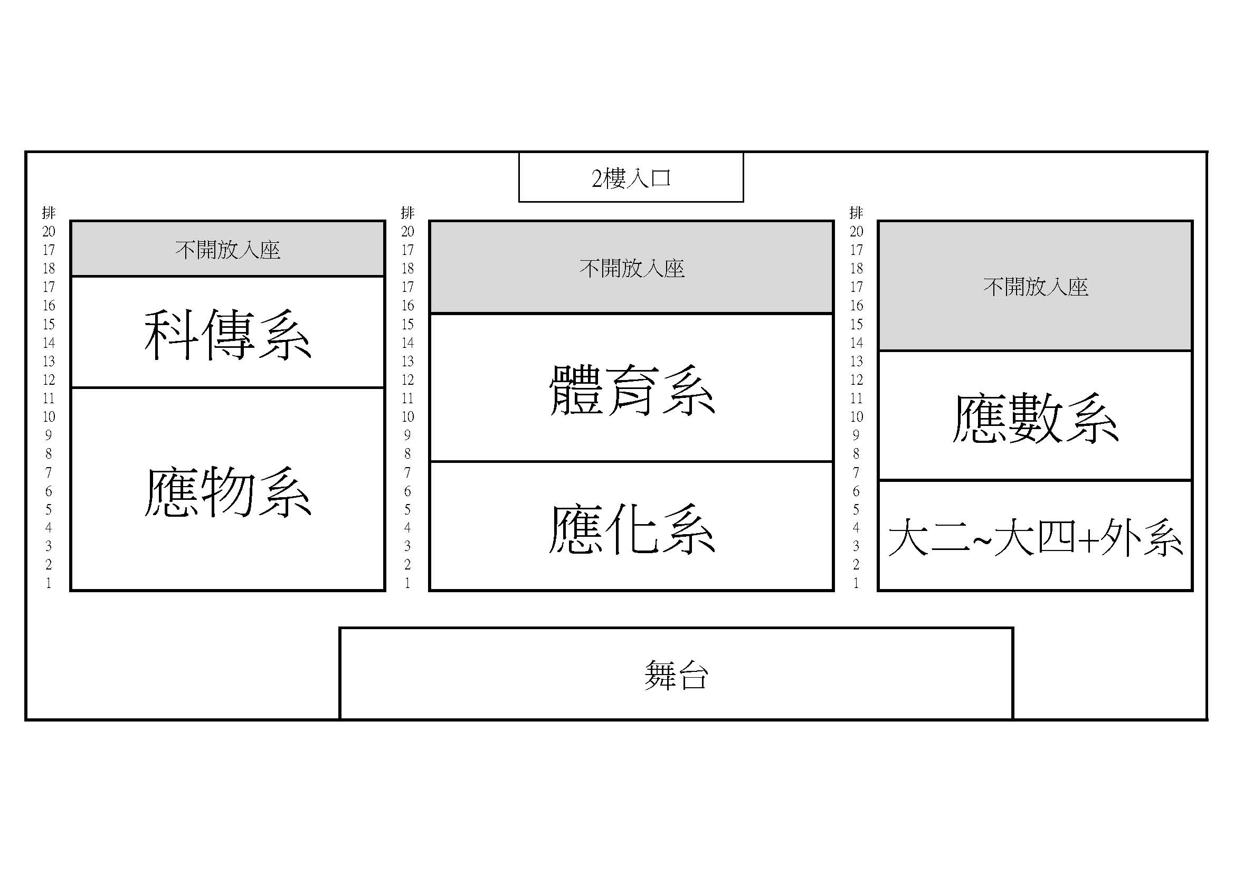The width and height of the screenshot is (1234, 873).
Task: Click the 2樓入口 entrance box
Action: tap(631, 177)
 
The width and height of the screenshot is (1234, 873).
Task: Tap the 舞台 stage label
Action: tap(676, 675)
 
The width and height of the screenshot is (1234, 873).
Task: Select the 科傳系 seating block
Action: tap(228, 332)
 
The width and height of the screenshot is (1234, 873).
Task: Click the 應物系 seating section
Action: tap(228, 489)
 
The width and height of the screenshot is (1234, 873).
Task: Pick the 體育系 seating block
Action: tap(631, 387)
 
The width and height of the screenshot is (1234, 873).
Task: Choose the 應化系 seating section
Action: tap(631, 526)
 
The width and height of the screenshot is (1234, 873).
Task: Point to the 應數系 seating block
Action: tap(1035, 415)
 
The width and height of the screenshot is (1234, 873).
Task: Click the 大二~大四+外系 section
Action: tap(1035, 535)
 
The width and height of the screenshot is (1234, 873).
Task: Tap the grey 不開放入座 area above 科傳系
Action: tap(228, 249)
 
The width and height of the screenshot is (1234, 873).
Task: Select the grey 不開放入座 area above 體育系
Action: tap(631, 267)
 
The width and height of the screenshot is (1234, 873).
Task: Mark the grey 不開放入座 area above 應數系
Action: tap(1035, 286)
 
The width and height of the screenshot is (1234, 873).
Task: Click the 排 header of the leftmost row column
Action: tap(49, 213)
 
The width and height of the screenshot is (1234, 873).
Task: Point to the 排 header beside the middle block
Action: tap(407, 213)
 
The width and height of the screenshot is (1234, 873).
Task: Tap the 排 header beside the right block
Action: tap(856, 213)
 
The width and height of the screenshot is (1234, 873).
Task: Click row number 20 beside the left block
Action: tap(49, 232)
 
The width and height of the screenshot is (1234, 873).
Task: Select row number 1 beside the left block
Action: tap(49, 583)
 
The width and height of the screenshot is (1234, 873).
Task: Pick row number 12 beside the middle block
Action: tap(407, 380)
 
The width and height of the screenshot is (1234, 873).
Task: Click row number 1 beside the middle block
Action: tap(407, 583)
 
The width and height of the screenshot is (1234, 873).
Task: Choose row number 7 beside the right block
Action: tap(856, 472)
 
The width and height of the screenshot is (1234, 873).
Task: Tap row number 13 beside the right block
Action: tap(856, 361)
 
